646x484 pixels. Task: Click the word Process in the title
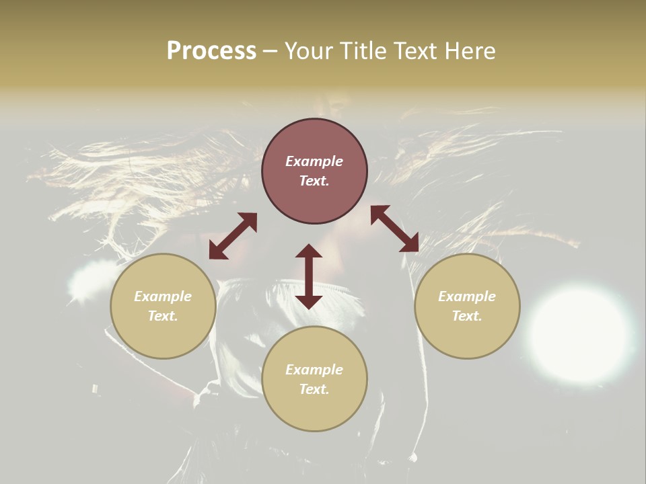tap(211, 51)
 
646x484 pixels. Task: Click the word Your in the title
tap(310, 51)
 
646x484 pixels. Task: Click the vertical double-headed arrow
tap(309, 276)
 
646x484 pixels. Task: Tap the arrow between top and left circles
tap(233, 236)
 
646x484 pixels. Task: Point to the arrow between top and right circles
tap(394, 229)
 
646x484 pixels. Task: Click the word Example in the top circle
tap(314, 161)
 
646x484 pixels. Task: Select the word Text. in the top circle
tap(314, 181)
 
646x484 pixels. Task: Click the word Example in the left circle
tap(163, 296)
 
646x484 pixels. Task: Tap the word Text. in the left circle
tap(163, 316)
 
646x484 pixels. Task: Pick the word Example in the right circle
tap(467, 296)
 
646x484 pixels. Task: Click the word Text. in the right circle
tap(467, 316)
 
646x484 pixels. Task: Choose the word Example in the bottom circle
tap(314, 370)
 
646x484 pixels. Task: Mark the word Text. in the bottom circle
tap(314, 389)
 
